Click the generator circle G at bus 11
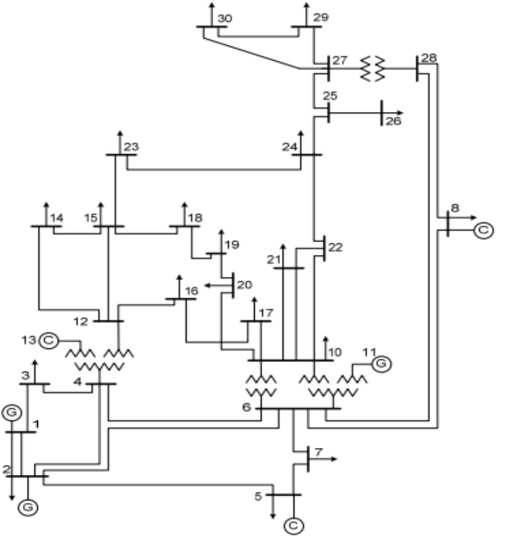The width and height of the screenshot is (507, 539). tap(381, 363)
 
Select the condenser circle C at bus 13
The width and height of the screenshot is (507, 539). tap(50, 339)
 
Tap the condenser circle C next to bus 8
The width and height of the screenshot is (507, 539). tap(483, 230)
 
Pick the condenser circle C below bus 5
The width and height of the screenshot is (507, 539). tap(294, 526)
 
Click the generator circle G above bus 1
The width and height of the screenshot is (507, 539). tap(12, 413)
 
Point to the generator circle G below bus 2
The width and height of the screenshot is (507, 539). tap(27, 507)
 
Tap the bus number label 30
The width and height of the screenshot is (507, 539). tap(224, 18)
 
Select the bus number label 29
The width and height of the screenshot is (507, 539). tap(321, 17)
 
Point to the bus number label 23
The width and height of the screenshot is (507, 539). tap(131, 147)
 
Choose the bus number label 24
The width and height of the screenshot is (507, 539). tap(290, 147)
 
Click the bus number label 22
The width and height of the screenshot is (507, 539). tap(335, 247)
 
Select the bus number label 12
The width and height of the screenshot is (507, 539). tap(81, 321)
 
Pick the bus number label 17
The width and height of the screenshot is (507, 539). tap(265, 313)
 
